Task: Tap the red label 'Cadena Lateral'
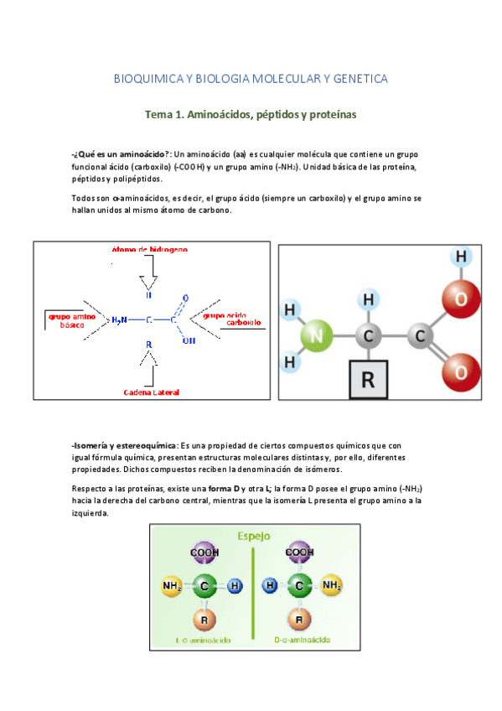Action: point(151,392)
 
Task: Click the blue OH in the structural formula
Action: point(188,340)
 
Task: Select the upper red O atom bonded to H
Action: point(459,298)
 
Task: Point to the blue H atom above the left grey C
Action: point(367,298)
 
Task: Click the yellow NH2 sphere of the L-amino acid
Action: point(172,585)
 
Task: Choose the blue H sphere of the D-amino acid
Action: point(270,585)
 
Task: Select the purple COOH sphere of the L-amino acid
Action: point(204,553)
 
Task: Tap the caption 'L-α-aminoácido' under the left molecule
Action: point(204,641)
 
